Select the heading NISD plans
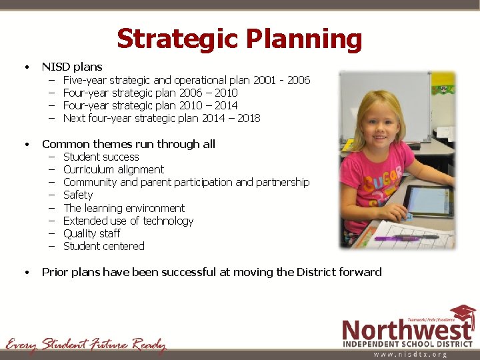coord(72,67)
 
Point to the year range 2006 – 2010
coord(209,93)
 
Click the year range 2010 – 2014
coord(209,105)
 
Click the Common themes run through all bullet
coord(128,144)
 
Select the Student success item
coord(101,157)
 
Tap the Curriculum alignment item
coord(113,169)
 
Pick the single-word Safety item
coord(78,195)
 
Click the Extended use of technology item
coord(128,221)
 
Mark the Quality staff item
coord(91,233)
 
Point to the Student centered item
coord(103,246)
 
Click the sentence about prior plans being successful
coord(211,271)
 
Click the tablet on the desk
coord(428,201)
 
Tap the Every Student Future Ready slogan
coord(85,345)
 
